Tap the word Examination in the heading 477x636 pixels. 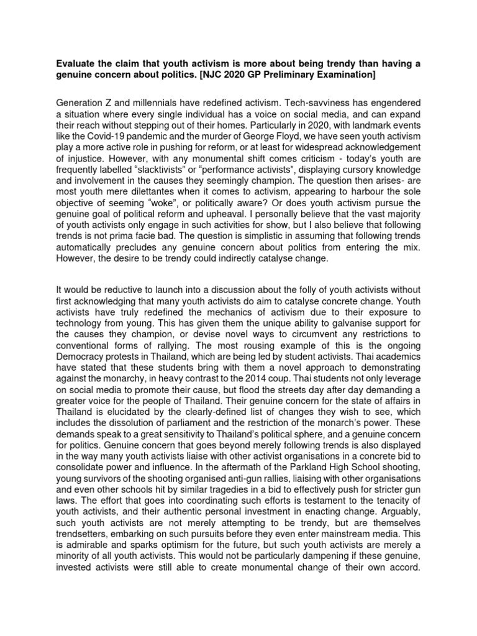click(x=344, y=75)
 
